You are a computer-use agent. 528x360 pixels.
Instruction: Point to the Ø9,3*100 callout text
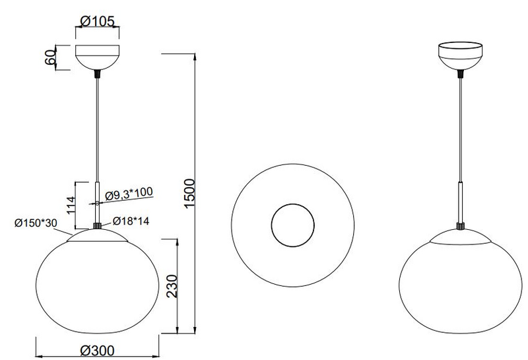[x=128, y=192]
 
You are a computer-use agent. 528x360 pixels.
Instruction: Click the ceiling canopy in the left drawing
[x=98, y=57]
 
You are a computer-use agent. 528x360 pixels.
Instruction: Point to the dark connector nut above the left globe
[x=98, y=226]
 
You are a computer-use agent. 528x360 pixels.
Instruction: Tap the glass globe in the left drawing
[x=97, y=284]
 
